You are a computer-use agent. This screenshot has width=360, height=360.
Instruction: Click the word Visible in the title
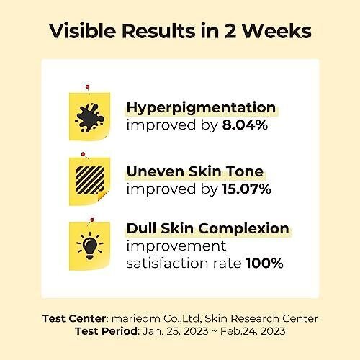click(x=83, y=31)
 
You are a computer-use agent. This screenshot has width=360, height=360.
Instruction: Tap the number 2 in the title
click(x=230, y=31)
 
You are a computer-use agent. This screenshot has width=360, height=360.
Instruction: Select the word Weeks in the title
click(x=276, y=31)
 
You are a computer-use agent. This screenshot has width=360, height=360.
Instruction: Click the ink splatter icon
click(x=90, y=117)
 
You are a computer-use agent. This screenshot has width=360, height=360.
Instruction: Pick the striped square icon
click(x=90, y=180)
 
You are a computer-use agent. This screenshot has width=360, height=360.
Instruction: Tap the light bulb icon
click(x=90, y=246)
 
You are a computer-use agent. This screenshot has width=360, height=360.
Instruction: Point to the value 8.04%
click(x=245, y=125)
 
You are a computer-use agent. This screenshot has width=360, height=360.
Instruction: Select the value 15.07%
click(x=246, y=189)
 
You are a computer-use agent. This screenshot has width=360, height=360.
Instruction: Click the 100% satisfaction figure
click(x=264, y=263)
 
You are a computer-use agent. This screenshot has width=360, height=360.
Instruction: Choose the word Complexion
click(x=243, y=229)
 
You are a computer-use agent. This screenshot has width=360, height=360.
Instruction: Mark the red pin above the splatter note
click(x=88, y=86)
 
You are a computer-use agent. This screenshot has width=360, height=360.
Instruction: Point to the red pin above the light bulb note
click(x=92, y=220)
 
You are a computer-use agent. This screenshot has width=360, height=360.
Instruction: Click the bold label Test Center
click(x=74, y=318)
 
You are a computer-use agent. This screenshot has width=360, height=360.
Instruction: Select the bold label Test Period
click(x=107, y=331)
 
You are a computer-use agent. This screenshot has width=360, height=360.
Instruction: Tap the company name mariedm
click(x=136, y=318)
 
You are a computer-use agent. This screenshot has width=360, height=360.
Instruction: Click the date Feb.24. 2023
click(x=253, y=331)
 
